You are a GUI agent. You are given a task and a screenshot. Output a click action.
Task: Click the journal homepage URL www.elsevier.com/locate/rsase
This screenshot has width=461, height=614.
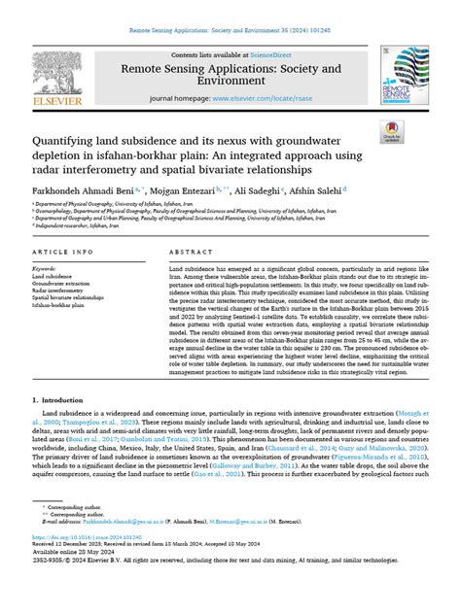[x=266, y=99]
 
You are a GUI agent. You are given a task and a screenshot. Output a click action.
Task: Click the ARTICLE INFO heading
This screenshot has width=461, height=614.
[x=63, y=251]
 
